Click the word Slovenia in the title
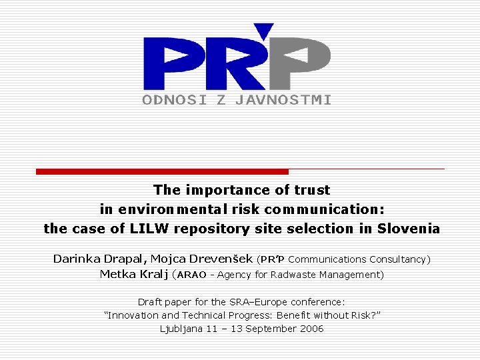point(409,229)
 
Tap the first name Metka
point(117,274)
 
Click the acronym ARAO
point(191,275)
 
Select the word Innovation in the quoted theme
point(133,315)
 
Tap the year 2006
point(311,329)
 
